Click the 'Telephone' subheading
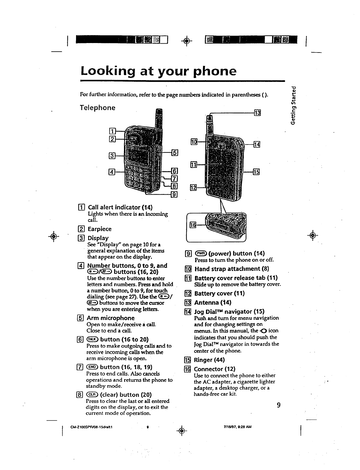[98, 107]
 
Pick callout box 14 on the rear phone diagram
[257, 145]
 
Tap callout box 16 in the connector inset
[193, 226]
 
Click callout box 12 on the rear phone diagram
[193, 188]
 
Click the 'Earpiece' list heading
[99, 229]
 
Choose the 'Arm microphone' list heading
[110, 318]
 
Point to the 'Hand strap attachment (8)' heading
[232, 269]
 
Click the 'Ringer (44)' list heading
[209, 360]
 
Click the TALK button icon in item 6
[91, 339]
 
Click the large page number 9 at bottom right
[278, 405]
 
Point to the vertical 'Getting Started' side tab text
[293, 106]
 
